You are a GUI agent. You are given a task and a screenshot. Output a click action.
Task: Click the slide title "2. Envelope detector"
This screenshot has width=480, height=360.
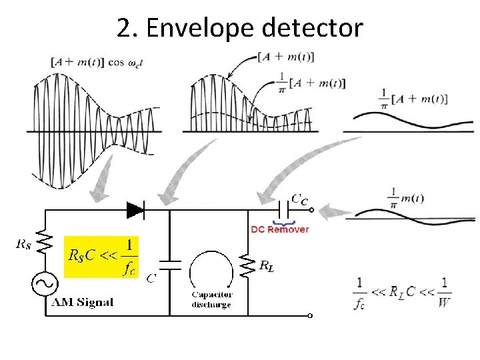[x=240, y=28]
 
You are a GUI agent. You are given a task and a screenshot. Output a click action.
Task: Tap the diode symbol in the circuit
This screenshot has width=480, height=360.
[x=136, y=211]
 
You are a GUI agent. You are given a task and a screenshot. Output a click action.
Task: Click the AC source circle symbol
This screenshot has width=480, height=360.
[x=45, y=285]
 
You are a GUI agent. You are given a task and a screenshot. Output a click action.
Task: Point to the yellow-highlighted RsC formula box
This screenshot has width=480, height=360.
[x=101, y=256]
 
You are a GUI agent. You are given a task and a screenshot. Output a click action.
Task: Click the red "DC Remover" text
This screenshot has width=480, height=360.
[x=279, y=229]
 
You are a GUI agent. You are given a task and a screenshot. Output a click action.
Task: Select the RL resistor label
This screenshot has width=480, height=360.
[x=267, y=267]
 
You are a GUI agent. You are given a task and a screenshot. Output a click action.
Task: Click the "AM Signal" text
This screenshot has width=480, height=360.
[x=83, y=302]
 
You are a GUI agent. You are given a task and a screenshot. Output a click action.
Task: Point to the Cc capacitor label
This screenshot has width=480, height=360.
[x=301, y=199]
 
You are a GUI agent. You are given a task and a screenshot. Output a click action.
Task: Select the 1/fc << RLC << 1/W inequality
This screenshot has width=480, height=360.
[x=403, y=291]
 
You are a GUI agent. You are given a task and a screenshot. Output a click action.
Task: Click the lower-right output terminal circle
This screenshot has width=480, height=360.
[x=310, y=315]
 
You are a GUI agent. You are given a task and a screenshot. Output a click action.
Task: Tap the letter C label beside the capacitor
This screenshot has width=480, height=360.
[x=151, y=278]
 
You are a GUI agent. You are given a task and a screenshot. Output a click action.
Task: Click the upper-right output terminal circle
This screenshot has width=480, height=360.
[x=310, y=211]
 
